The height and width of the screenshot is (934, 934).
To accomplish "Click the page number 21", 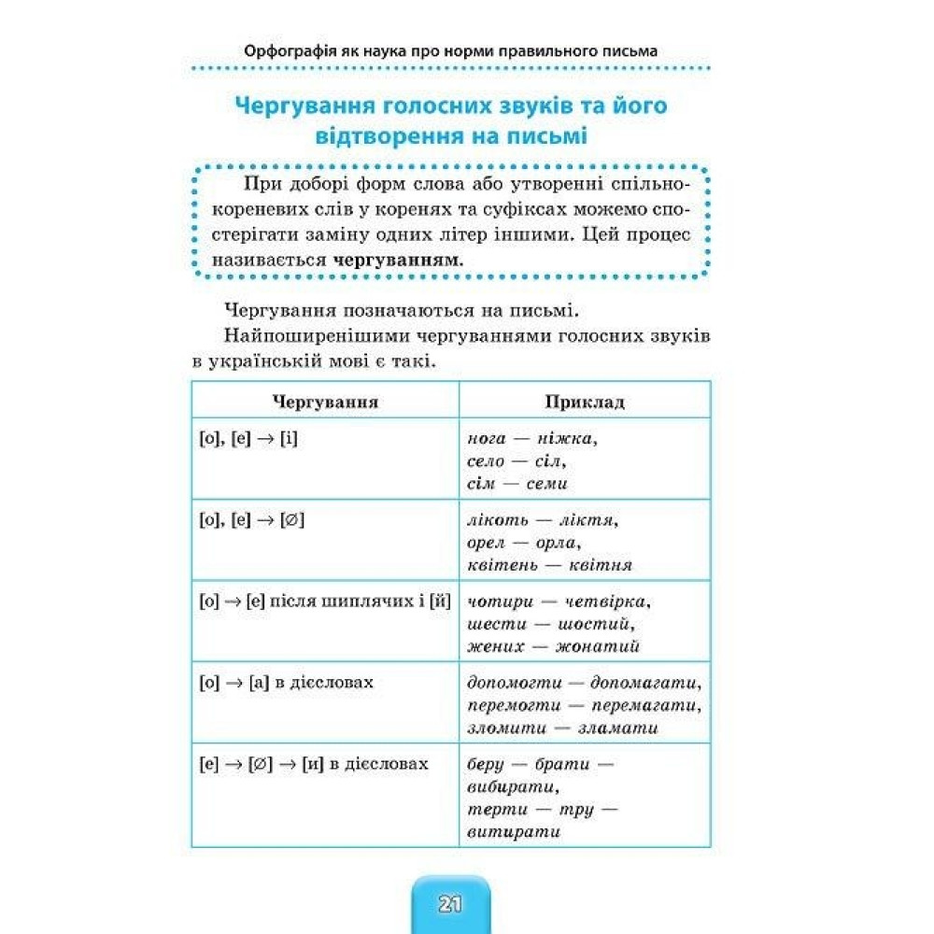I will coord(449,904).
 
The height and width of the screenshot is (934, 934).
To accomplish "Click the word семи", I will coord(547,484).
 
